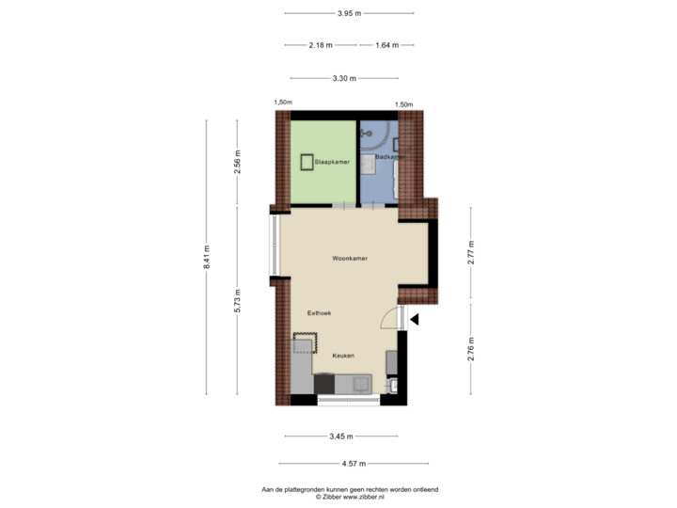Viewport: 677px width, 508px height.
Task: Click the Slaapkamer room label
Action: point(332,162)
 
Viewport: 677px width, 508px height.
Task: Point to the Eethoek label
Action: point(320,312)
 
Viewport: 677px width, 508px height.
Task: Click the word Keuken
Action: point(343,356)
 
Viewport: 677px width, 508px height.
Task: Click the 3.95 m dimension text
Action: point(349,13)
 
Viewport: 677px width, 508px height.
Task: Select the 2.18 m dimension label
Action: point(320,44)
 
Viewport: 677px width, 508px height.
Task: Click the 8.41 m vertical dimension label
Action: point(207,257)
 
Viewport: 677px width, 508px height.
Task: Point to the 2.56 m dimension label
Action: point(238,162)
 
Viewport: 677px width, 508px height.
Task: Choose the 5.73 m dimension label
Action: point(238,299)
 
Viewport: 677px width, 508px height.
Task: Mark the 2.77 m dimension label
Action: point(471,254)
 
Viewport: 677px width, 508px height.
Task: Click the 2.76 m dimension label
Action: point(471,349)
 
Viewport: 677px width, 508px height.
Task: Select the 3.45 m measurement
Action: point(340,436)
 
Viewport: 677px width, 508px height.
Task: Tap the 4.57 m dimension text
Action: point(354,463)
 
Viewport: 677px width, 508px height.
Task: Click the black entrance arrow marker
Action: point(415,320)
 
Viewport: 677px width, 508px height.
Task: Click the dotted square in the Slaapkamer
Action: point(307,162)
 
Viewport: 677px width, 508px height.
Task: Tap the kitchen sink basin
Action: point(360,384)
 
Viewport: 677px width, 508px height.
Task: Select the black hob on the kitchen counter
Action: point(324,384)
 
